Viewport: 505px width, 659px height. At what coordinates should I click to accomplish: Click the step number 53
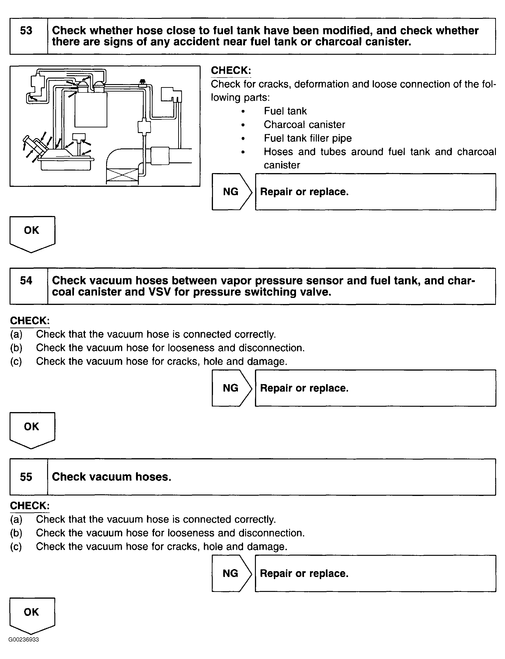[26, 31]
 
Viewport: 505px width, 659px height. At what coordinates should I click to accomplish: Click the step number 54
[26, 281]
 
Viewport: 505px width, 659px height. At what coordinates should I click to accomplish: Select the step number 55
[26, 477]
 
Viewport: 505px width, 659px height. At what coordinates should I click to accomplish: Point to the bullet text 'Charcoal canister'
[304, 125]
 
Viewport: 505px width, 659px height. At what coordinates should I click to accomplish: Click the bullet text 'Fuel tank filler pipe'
[307, 138]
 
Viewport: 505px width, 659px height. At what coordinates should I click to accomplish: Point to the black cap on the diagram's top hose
[143, 81]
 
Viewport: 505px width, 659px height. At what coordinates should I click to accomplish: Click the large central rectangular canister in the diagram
[91, 109]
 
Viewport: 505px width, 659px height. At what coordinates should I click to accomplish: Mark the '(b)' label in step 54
[16, 348]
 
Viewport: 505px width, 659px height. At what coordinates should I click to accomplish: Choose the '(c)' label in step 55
[16, 546]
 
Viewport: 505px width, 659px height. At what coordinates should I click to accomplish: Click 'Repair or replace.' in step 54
[304, 388]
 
